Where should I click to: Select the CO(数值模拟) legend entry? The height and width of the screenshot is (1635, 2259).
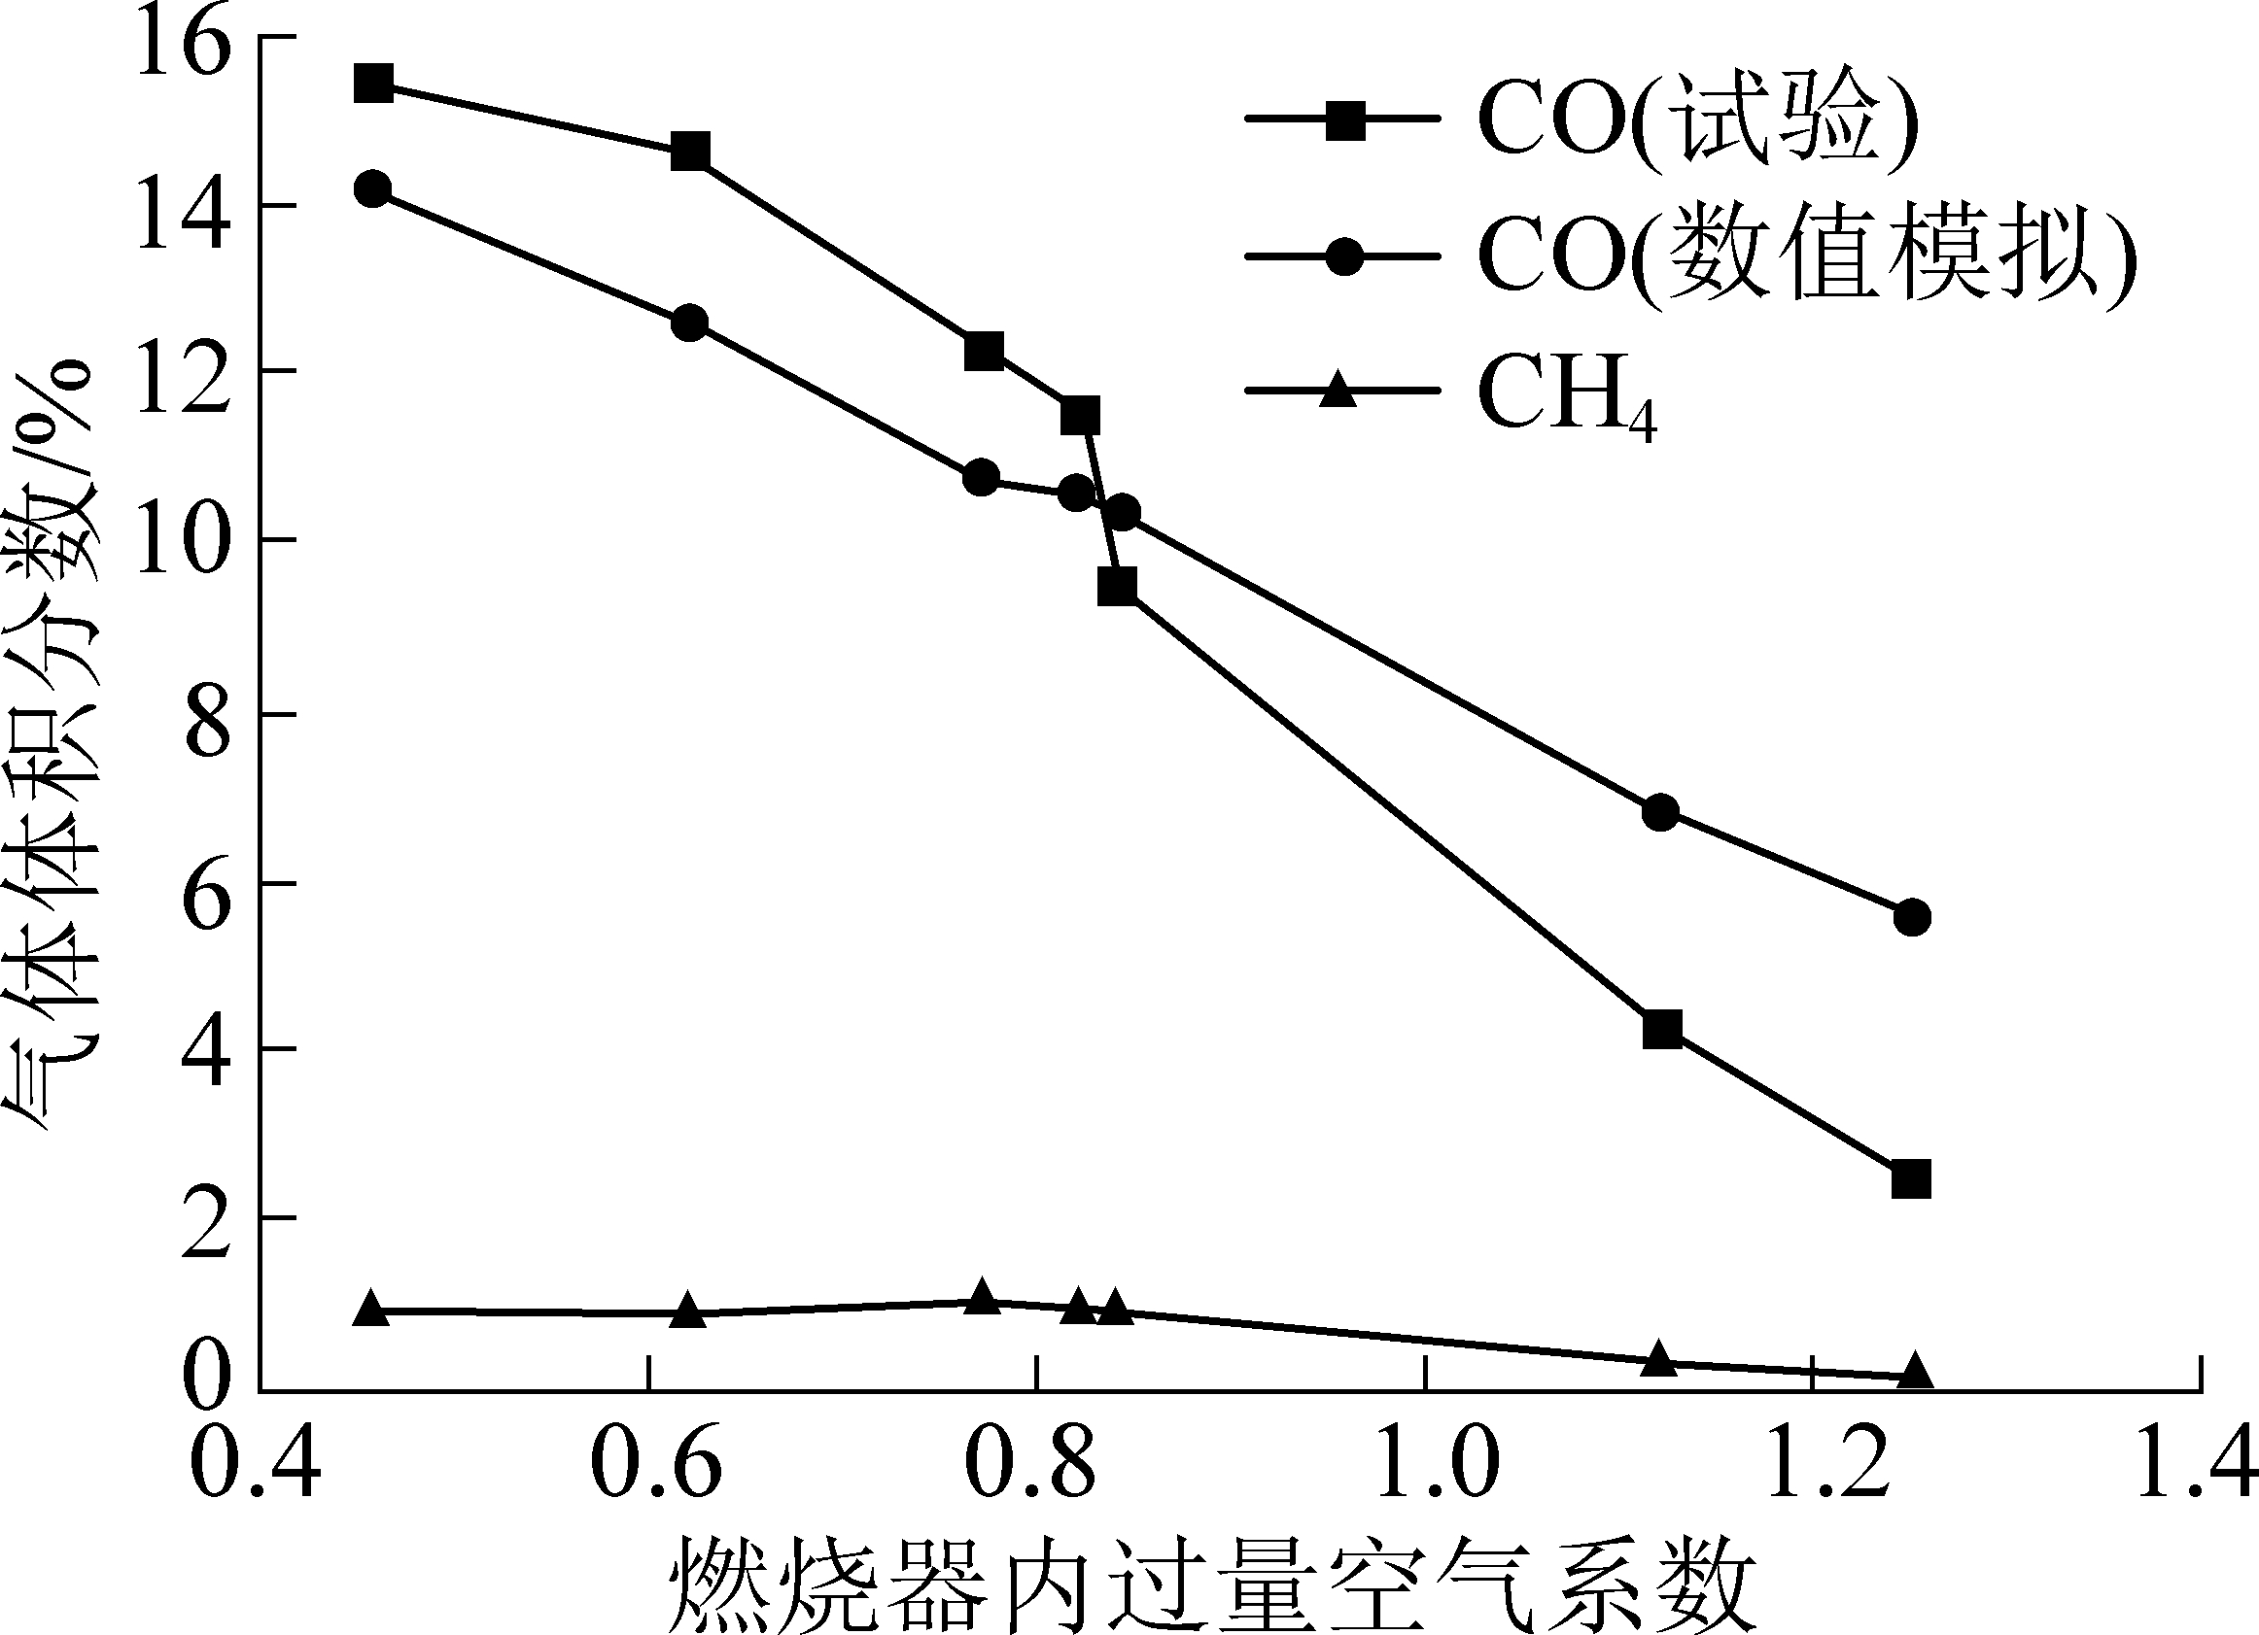[x=1803, y=256]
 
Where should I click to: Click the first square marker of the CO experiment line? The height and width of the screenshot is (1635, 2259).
[x=372, y=84]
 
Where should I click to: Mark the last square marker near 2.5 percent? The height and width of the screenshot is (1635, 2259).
[x=1910, y=1179]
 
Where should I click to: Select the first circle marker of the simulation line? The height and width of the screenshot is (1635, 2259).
[x=372, y=188]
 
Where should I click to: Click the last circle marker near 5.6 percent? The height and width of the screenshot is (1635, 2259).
[x=1910, y=917]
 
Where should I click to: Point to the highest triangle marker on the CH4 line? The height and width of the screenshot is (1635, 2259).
[x=982, y=1298]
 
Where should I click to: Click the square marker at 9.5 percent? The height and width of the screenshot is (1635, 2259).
[x=1118, y=587]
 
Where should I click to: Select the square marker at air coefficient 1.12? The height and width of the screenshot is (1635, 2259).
[x=1661, y=1029]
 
